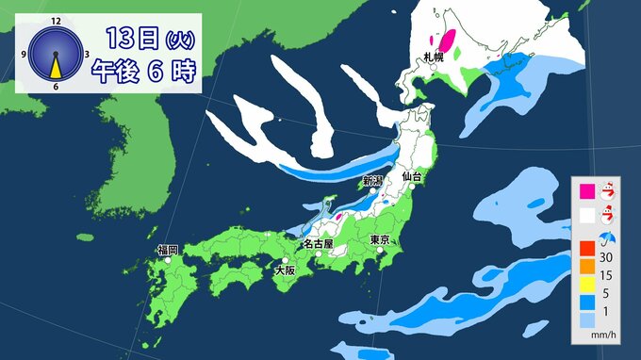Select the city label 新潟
(x=372, y=180)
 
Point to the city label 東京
(x=381, y=239)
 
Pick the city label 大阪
(x=284, y=270)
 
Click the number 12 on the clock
(x=56, y=20)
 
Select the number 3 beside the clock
(x=87, y=54)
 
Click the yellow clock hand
(x=56, y=66)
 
